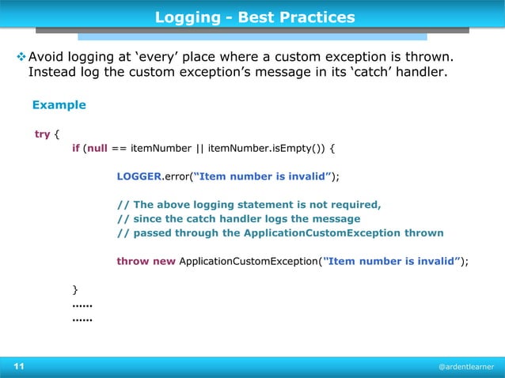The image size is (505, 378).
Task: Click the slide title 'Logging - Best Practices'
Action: (254, 17)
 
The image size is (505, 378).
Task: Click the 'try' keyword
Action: (43, 134)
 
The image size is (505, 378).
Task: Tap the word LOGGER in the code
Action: (139, 176)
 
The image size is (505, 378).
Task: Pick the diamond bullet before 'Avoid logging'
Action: (21, 58)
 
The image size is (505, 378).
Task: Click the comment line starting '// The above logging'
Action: (249, 204)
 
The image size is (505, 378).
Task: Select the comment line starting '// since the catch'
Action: (238, 218)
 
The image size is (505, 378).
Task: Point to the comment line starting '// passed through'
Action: (280, 232)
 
